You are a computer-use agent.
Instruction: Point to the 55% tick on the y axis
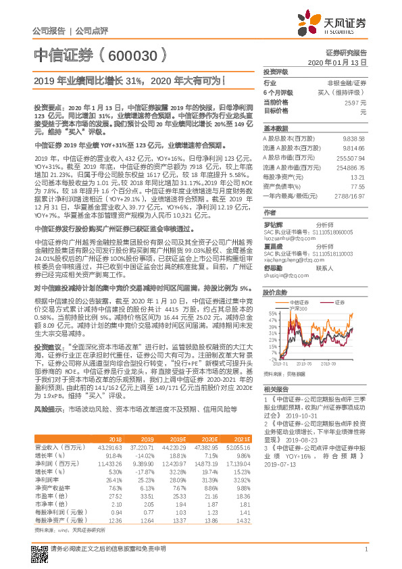[x=272, y=314]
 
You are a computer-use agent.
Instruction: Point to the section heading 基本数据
[x=275, y=127]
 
